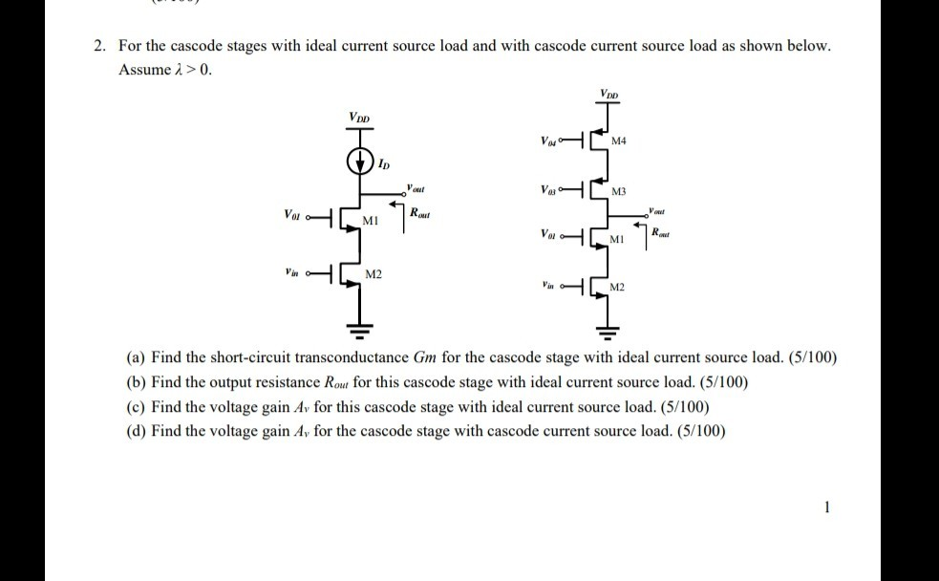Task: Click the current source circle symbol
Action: (x=361, y=160)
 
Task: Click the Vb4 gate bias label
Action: (x=547, y=141)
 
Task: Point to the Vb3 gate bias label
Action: (x=547, y=189)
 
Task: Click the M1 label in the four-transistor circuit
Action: (x=617, y=238)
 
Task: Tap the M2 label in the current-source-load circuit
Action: (x=374, y=275)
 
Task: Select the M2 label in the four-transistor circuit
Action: (x=617, y=287)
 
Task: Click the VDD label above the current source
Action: (x=360, y=118)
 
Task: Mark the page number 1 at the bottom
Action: (x=826, y=506)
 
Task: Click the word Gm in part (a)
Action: (x=426, y=357)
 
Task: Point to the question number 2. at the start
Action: (x=99, y=46)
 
